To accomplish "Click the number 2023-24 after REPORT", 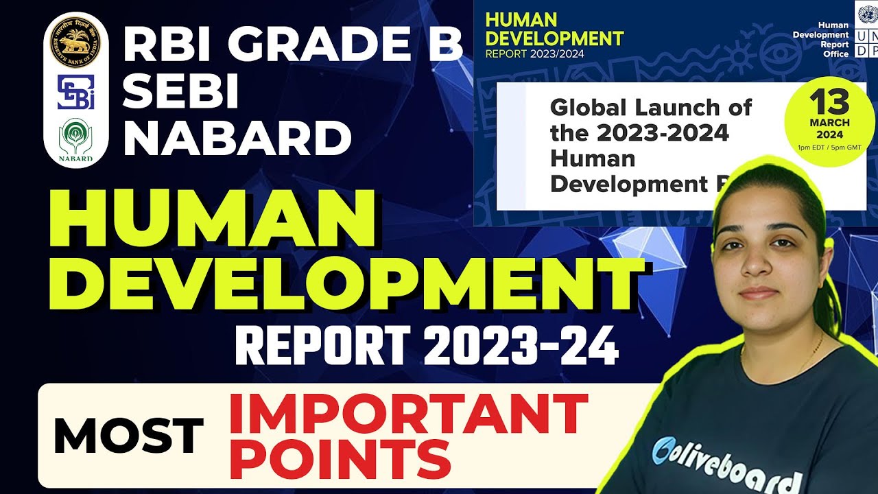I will click(x=521, y=347).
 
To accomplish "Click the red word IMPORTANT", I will click(x=408, y=416).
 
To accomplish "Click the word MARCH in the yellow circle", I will click(x=829, y=123).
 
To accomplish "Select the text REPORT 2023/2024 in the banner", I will click(x=535, y=54).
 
